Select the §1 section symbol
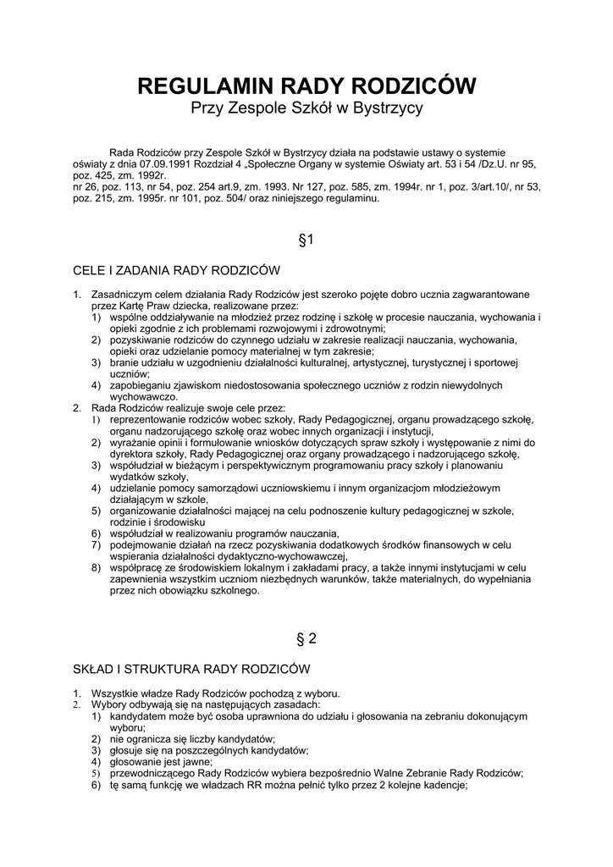click(306, 240)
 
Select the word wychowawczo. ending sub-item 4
click(144, 396)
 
